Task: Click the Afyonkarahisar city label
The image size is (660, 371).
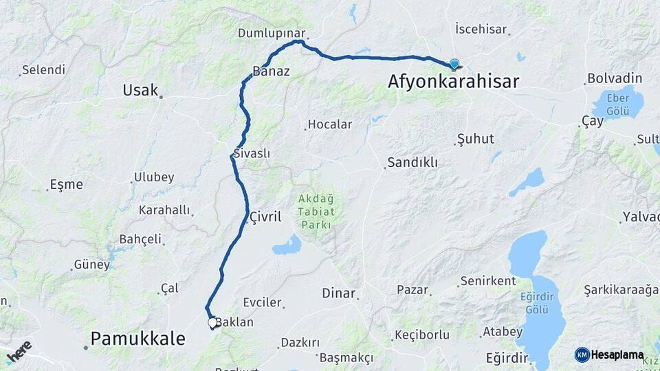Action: [453, 81]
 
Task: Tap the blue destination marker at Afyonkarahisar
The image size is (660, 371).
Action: [454, 65]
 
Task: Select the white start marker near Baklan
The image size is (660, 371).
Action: [212, 322]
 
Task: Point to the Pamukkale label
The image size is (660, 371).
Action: [138, 338]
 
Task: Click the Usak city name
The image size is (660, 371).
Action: [140, 90]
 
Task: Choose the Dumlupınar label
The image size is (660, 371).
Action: [271, 33]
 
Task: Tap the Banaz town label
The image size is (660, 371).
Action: [271, 71]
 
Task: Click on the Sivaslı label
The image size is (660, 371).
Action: [252, 154]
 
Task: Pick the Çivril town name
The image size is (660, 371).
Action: [266, 217]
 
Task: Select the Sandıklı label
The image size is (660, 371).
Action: [412, 163]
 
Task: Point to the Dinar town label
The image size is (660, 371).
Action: [339, 293]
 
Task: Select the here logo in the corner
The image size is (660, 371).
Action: [19, 350]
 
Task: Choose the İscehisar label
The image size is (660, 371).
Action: [481, 30]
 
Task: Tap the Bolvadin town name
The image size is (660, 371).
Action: [614, 78]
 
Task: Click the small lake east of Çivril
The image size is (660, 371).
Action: [287, 246]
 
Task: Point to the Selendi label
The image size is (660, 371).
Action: [43, 70]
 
